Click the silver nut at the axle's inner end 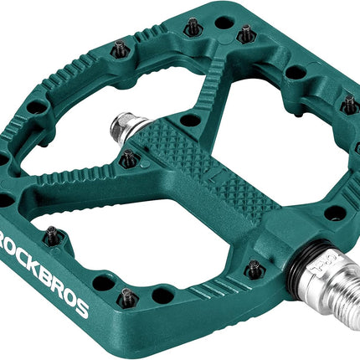(x=123, y=127)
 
